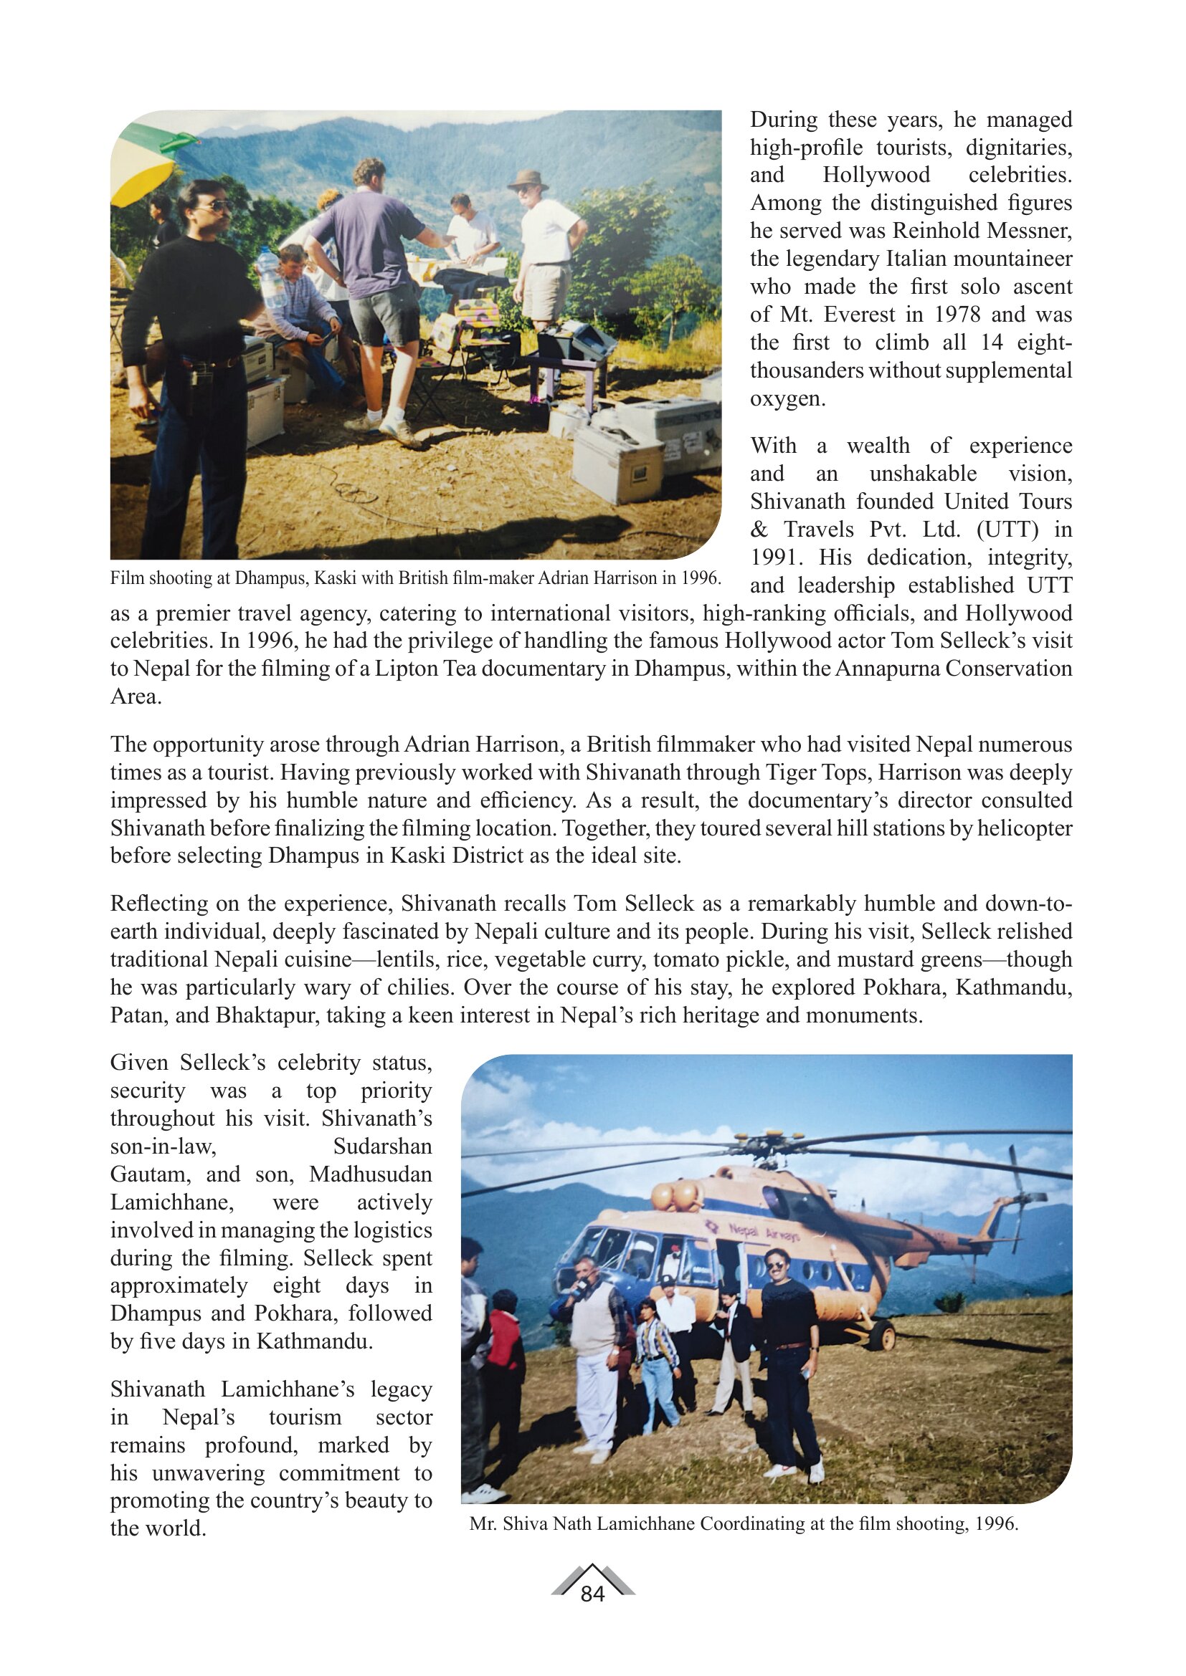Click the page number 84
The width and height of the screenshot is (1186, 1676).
click(592, 1594)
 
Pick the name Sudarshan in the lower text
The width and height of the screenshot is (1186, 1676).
click(382, 1146)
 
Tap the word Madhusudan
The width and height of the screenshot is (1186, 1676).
click(370, 1174)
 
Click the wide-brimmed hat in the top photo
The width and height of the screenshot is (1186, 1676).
click(528, 178)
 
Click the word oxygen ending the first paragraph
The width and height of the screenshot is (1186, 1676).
click(787, 398)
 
